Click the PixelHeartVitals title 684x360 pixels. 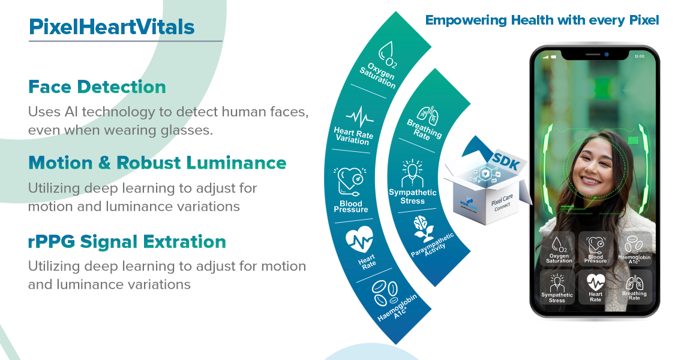112,28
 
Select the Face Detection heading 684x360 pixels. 97,88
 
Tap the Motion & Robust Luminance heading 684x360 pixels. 157,163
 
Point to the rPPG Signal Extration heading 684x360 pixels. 127,242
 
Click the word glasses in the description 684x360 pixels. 188,129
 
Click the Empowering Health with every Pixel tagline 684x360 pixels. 542,20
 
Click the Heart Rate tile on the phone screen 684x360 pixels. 595,287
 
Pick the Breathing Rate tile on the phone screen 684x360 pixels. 634,287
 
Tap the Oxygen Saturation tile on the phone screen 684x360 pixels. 559,248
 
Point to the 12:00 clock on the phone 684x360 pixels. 639,56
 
